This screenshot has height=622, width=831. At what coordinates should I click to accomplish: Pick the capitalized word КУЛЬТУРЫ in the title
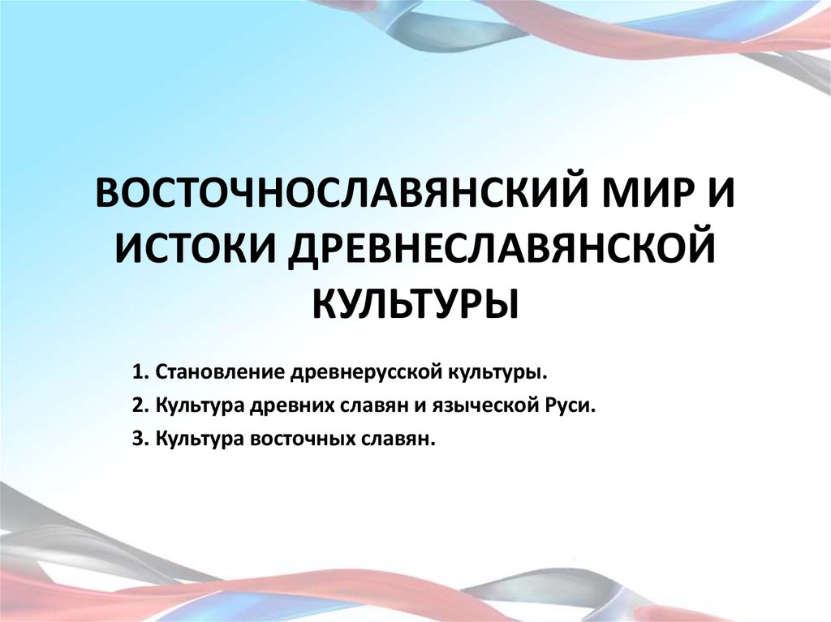coord(415,302)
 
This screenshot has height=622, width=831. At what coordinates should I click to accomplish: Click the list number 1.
coord(135,373)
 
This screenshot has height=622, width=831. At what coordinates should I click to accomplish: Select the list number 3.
coord(135,440)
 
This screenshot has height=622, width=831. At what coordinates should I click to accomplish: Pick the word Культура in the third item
coord(195,440)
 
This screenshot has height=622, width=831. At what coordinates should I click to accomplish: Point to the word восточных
coord(296,440)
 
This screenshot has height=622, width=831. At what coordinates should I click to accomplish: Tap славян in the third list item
coord(395,440)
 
